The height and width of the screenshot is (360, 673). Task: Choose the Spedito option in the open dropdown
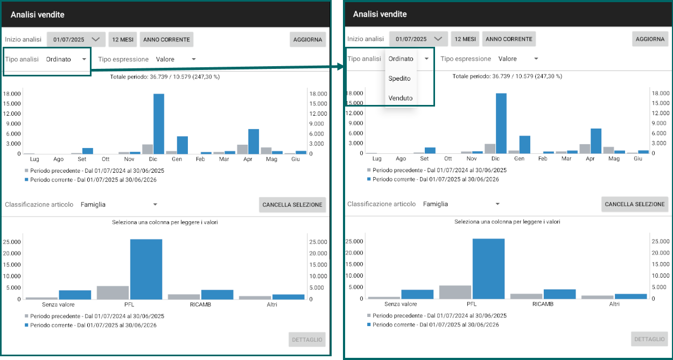[399, 79]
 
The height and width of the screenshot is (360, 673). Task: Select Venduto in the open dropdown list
[400, 98]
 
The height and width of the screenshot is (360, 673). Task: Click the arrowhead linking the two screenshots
[341, 67]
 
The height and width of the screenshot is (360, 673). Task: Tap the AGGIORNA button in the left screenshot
[307, 40]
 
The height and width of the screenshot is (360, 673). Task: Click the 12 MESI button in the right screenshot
[465, 39]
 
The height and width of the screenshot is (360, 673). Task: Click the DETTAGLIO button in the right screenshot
[649, 340]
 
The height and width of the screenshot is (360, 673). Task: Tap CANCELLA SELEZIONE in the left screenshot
[292, 205]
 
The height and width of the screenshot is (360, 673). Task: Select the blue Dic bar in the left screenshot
[159, 124]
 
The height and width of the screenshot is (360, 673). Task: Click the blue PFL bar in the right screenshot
[488, 269]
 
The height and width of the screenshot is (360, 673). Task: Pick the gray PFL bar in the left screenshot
[113, 293]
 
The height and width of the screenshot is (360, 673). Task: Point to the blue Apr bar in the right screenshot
[596, 141]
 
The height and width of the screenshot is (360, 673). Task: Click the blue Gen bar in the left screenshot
[183, 145]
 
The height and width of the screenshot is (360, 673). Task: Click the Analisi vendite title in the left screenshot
[38, 15]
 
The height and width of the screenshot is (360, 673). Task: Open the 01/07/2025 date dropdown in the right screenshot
[418, 39]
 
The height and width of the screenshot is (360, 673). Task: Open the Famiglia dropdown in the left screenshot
[119, 204]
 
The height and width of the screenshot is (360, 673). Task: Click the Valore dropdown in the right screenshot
[518, 59]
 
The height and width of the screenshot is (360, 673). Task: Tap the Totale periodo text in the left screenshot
[165, 77]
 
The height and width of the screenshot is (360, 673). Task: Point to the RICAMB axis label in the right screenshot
[543, 304]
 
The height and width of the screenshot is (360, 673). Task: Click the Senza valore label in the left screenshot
[58, 305]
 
